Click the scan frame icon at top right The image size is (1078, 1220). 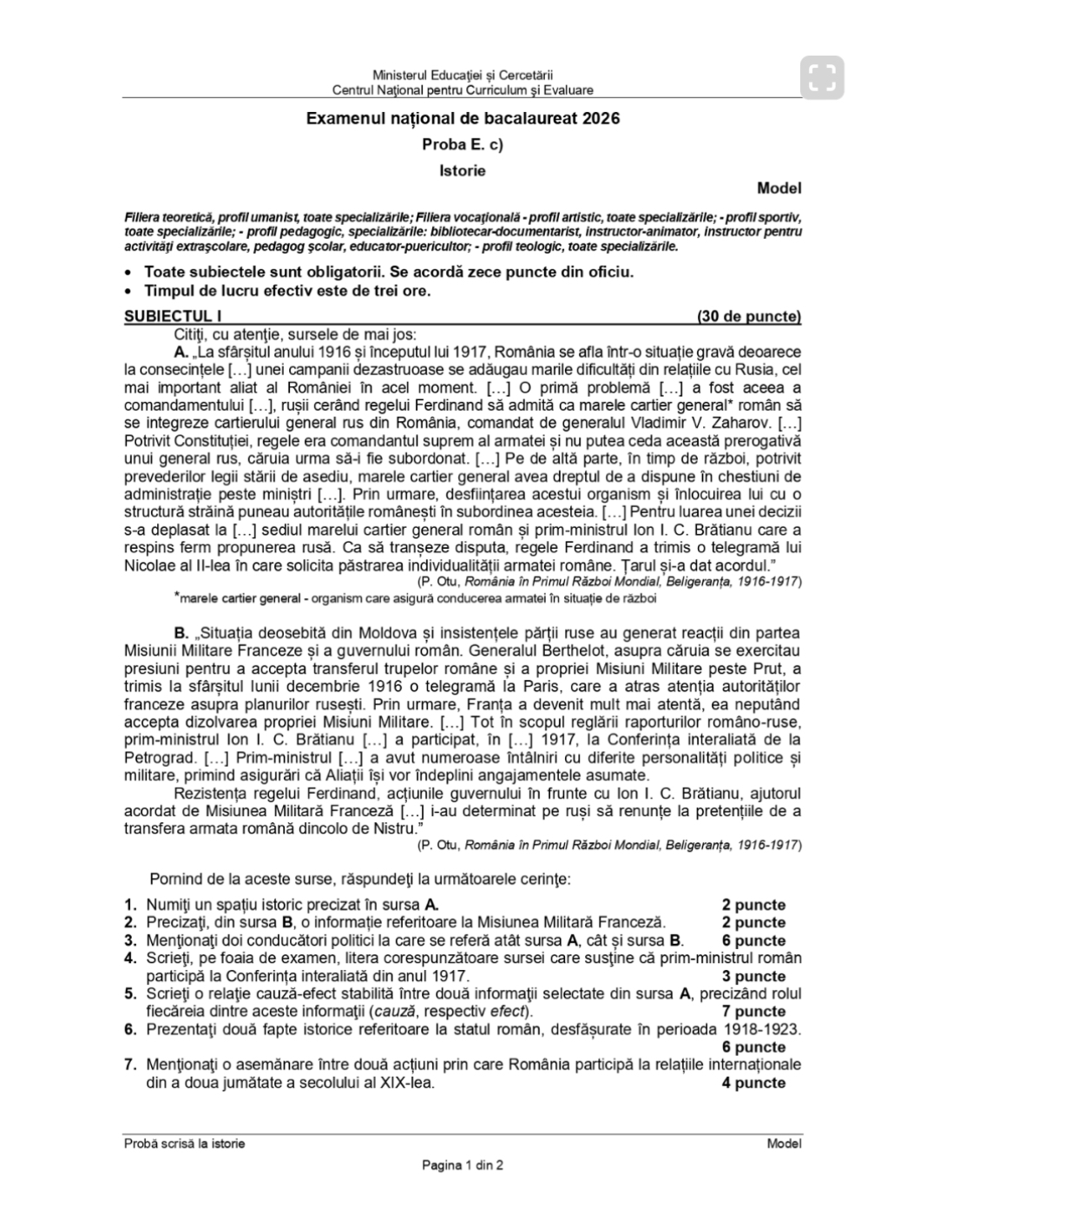coord(821,77)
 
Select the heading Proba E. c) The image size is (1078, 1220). coord(463,145)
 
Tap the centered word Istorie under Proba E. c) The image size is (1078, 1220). coord(463,170)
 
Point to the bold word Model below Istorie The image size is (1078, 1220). coord(779,188)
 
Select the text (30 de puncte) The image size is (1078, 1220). coord(748,316)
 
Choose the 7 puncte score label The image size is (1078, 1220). coord(753,1012)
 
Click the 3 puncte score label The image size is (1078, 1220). coord(753,976)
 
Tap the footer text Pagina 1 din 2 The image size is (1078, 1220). coord(463,1165)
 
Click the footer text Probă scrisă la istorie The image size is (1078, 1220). coord(184,1144)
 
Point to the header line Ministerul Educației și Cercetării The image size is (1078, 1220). coord(463,76)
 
